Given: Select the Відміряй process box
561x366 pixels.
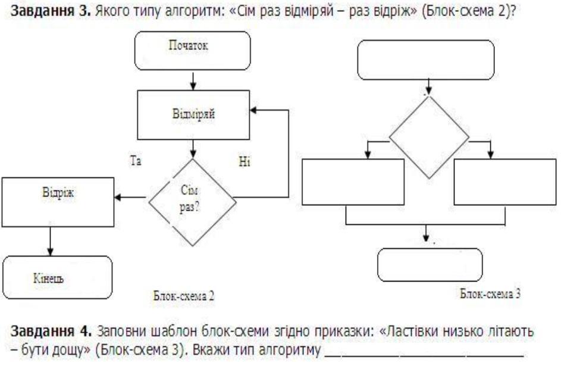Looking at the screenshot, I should (x=193, y=115).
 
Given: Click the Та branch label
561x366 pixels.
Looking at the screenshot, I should (x=136, y=161).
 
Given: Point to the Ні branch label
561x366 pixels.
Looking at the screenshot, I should (x=245, y=162).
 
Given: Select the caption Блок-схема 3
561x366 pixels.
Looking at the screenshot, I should (x=491, y=293).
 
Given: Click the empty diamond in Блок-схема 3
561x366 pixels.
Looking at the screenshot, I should (x=429, y=137).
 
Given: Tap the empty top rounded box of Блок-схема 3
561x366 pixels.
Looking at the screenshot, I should (x=426, y=60).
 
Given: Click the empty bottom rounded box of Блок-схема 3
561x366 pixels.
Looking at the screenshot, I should (x=430, y=265).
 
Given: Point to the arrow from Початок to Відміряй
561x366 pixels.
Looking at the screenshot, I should (x=192, y=80).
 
